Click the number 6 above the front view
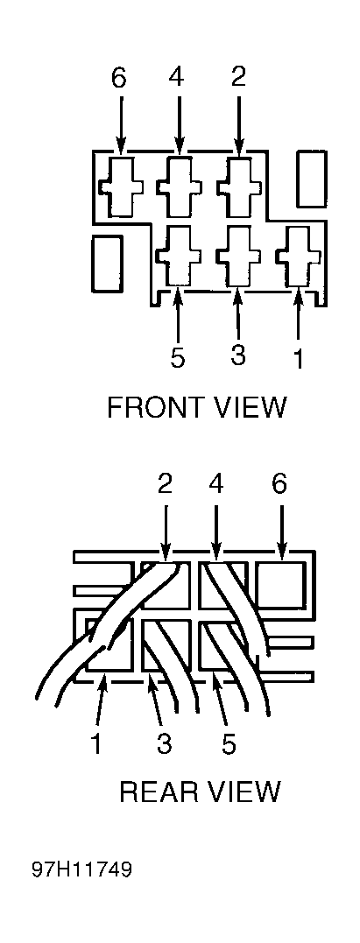[120, 78]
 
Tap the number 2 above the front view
[239, 78]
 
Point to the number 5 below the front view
[178, 358]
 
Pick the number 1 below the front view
[298, 358]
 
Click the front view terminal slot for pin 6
[121, 187]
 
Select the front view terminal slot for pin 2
[240, 186]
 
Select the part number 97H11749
[83, 869]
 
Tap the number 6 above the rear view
[279, 485]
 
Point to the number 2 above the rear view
[165, 485]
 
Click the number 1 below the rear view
[95, 743]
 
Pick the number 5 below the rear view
[228, 743]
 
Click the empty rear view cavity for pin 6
[280, 585]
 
